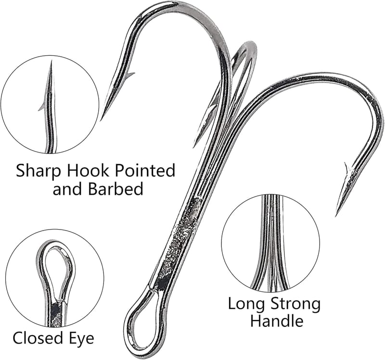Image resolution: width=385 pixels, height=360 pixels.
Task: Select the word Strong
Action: click(x=295, y=305)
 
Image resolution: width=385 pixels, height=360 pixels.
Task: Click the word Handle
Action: click(x=276, y=320)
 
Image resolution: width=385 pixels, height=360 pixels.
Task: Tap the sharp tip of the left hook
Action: click(x=101, y=120)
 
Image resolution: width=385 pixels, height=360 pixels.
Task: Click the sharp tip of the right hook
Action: click(x=336, y=215)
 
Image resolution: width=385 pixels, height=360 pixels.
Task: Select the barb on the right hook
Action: click(x=347, y=169)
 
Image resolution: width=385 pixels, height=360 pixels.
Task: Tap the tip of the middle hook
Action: click(x=194, y=146)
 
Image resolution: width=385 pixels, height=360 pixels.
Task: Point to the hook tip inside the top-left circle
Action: click(x=51, y=62)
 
